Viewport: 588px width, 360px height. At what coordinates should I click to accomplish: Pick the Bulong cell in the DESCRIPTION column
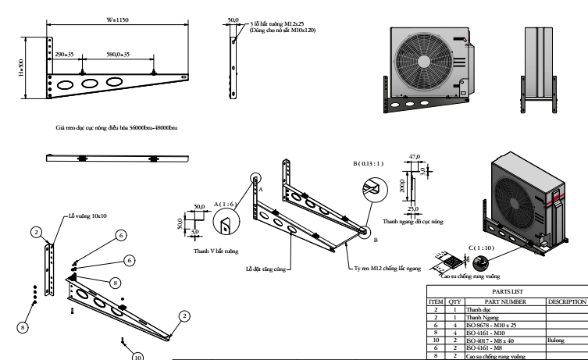pos(558,340)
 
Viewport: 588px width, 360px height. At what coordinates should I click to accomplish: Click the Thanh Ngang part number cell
pos(481,317)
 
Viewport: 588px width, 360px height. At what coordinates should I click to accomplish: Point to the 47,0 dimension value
pos(414,157)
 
